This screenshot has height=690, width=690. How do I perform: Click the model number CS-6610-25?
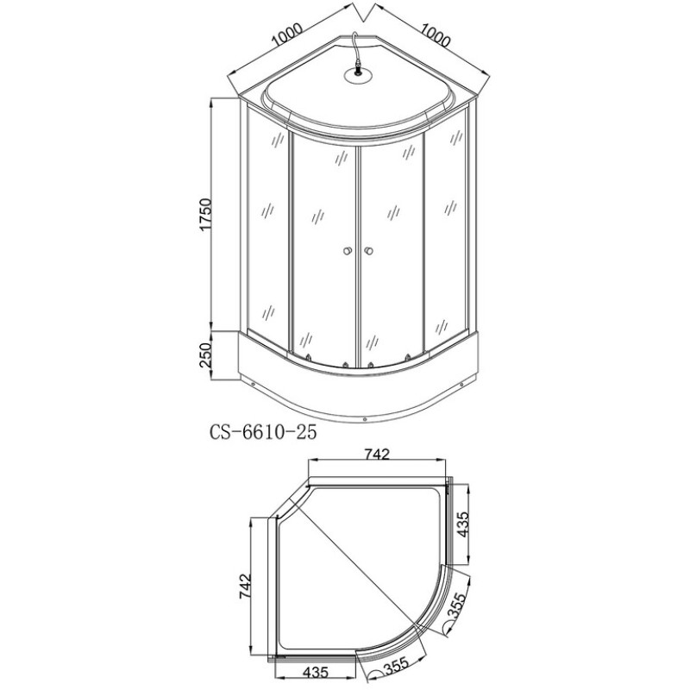point(263,432)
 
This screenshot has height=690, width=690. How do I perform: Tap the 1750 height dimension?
point(206,215)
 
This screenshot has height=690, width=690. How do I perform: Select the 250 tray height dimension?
point(206,355)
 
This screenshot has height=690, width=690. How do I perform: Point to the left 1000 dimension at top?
point(286,34)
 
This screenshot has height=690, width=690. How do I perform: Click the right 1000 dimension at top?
point(436,34)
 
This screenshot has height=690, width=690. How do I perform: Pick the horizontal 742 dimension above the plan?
point(378,454)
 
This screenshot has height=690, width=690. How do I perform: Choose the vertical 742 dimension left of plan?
point(245,586)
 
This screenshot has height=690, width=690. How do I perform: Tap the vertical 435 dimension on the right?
point(462,524)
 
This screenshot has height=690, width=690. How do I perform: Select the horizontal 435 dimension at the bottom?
point(315,672)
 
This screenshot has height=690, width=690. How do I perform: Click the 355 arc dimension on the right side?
point(456,605)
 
